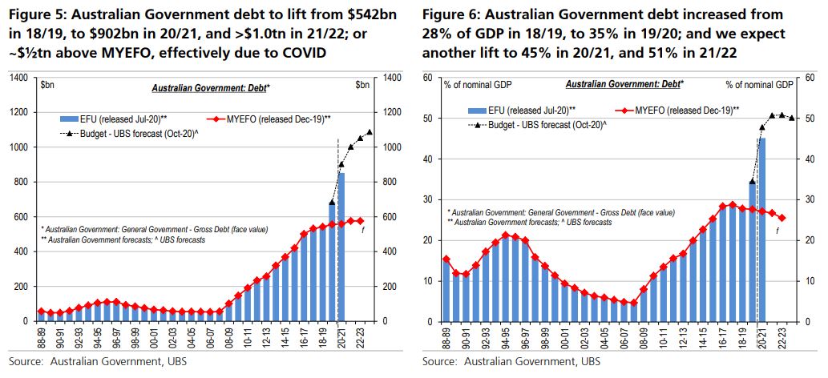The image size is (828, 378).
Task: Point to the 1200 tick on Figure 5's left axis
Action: pyautogui.click(x=20, y=112)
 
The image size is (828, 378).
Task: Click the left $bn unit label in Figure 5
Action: pyautogui.click(x=47, y=84)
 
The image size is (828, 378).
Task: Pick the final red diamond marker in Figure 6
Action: pyautogui.click(x=782, y=218)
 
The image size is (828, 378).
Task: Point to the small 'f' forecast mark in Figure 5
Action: pyautogui.click(x=363, y=231)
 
